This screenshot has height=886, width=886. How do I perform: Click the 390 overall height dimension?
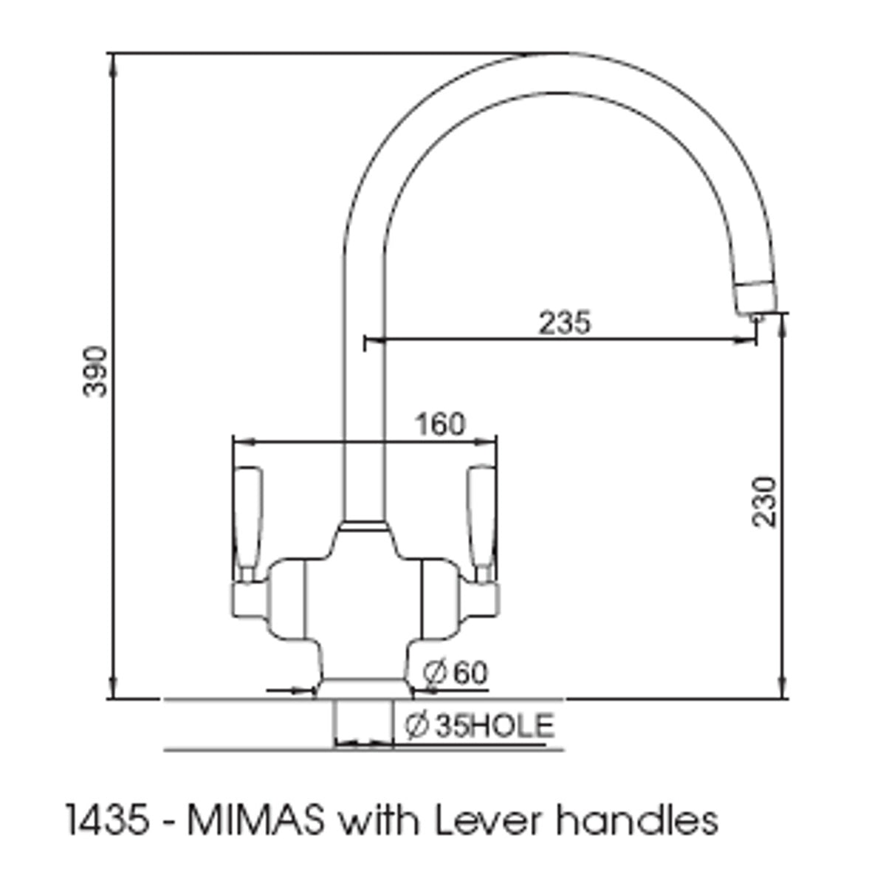point(96,371)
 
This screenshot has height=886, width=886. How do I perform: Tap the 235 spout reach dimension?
point(564,323)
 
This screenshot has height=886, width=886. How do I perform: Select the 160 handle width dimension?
point(440,425)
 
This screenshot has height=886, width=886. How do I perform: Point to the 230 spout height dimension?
point(766,502)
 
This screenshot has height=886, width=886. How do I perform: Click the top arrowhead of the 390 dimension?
point(113,61)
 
